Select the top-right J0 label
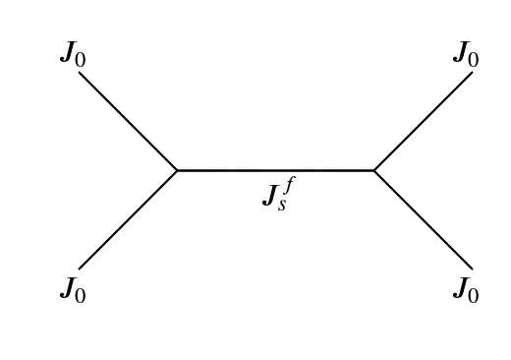click(x=466, y=55)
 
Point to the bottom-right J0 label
click(x=466, y=290)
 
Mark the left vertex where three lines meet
click(x=178, y=170)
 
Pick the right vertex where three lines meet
click(x=373, y=170)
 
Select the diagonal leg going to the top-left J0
click(x=128, y=121)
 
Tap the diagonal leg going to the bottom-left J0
click(x=128, y=219)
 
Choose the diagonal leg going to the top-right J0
click(x=423, y=121)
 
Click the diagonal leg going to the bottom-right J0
click(x=423, y=219)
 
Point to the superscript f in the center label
click(x=288, y=183)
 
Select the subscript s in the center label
click(x=283, y=205)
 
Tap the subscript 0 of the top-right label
click(x=474, y=60)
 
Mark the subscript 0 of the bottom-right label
click(x=474, y=295)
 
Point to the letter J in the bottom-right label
click(x=460, y=288)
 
